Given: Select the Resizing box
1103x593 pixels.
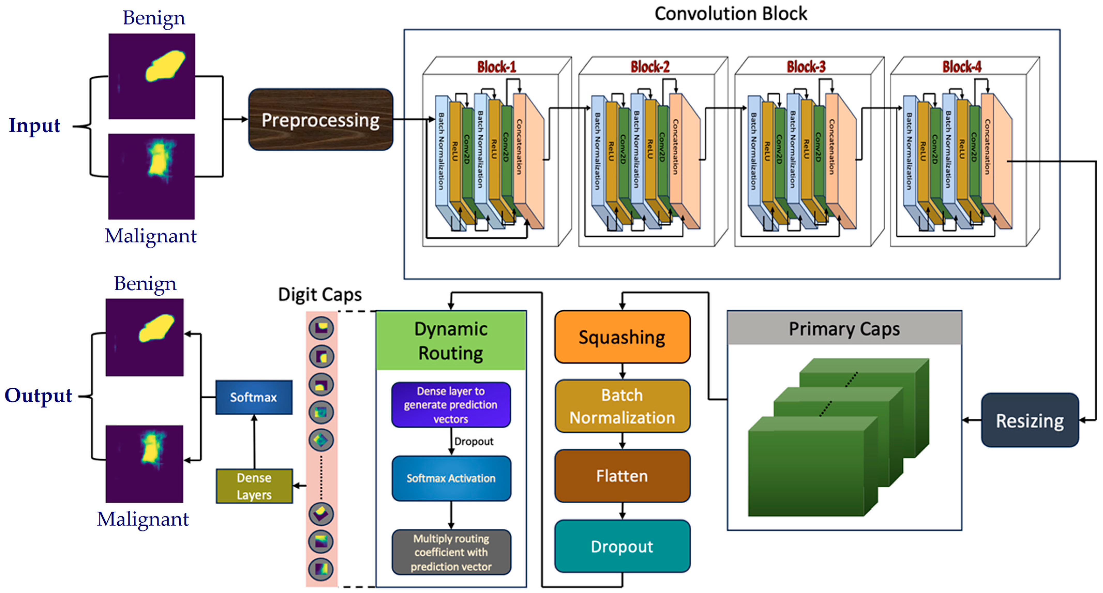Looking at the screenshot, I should coord(1029,420).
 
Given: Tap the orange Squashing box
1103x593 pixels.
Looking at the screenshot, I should coord(622,337).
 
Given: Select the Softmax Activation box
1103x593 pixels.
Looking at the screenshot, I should coord(451,478).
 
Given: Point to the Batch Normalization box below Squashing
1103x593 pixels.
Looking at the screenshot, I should coord(622,406).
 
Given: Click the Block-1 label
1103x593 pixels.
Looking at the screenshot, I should coord(497,67).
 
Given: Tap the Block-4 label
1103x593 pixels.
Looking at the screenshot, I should coord(962,67).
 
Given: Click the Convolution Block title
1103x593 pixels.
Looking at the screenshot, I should coord(730,14).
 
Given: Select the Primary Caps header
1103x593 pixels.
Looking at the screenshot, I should coord(844,329).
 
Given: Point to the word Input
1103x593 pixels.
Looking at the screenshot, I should coord(34,125).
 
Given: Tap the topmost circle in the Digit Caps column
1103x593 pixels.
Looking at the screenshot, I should coord(321,328).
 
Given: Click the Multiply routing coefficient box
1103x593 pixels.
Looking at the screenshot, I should coord(451,552).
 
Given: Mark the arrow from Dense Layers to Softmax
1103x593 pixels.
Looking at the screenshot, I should coord(254,441).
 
